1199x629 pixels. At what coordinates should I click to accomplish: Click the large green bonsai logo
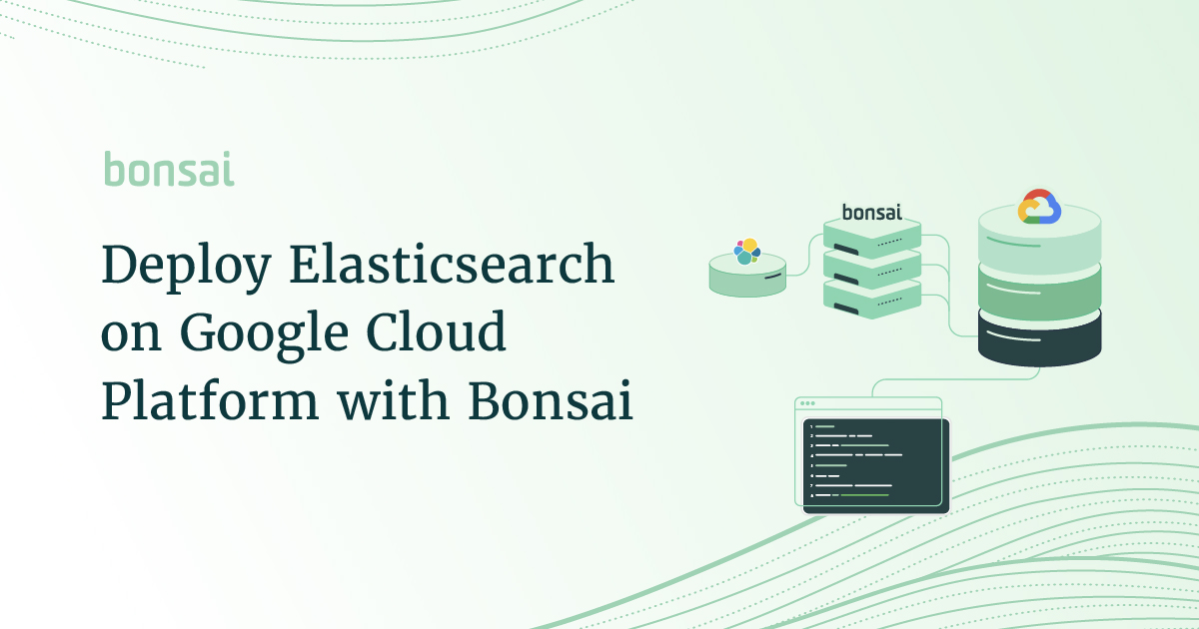click(169, 170)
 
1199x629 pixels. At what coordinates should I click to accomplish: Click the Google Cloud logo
click(1039, 208)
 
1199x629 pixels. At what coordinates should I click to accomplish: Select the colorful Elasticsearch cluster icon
click(747, 251)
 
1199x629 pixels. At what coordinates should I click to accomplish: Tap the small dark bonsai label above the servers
click(872, 212)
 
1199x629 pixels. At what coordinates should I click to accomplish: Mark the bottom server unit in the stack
click(872, 297)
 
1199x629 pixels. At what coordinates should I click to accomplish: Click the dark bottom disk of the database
click(1039, 339)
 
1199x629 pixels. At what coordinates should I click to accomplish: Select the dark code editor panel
click(876, 465)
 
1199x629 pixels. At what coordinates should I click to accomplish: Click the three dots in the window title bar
click(808, 404)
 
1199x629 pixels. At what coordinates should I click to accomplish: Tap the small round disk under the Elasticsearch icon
click(747, 278)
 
